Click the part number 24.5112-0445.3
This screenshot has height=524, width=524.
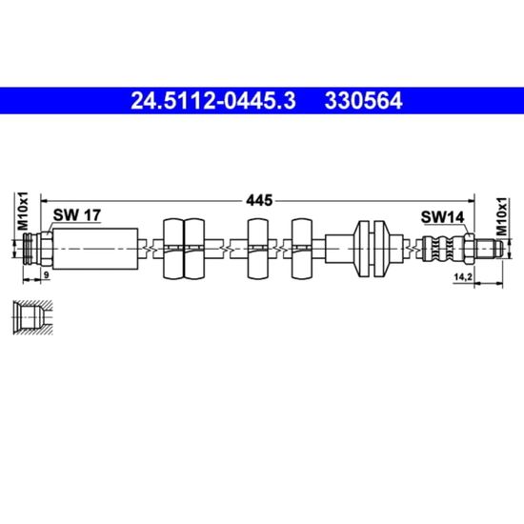coord(213,101)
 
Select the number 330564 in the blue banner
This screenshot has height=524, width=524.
coord(363,101)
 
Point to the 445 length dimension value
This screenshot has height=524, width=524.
coord(259,200)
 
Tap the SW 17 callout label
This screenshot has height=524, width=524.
coord(77,215)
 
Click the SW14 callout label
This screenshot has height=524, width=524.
coord(442,217)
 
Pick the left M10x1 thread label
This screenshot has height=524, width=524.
coord(24,212)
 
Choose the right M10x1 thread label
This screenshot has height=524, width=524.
coord(501,217)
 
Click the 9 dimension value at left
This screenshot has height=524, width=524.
coord(47,275)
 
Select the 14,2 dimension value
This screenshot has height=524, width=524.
coord(462,276)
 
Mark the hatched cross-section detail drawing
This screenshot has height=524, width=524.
coord(32,317)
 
